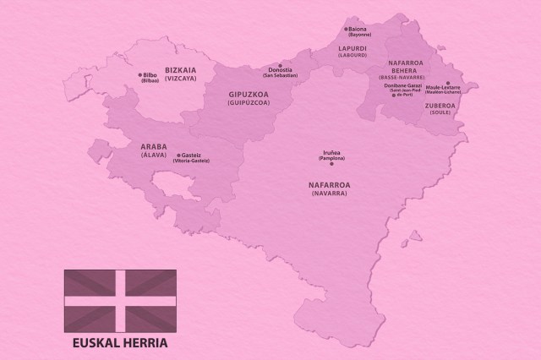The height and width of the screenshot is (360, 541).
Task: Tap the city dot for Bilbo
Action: click(x=139, y=75)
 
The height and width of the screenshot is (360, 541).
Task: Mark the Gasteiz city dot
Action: click(x=176, y=156)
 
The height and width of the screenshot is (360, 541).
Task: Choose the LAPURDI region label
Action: click(x=352, y=48)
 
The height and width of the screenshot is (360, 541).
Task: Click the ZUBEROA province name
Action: click(x=441, y=106)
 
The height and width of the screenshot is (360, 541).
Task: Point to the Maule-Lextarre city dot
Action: click(x=447, y=83)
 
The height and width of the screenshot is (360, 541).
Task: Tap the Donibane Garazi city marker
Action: click(x=391, y=95)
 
